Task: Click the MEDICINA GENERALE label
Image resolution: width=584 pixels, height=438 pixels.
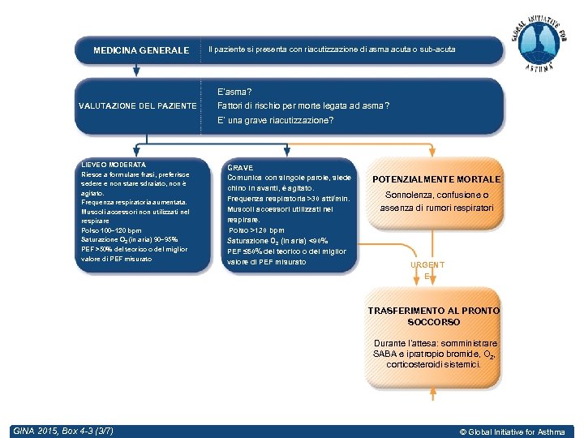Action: [140, 50]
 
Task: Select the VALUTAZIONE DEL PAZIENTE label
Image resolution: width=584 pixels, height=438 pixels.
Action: [137, 106]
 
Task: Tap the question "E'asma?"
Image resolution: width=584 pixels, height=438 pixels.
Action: [234, 92]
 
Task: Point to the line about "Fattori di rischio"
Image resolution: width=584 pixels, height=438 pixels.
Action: [303, 106]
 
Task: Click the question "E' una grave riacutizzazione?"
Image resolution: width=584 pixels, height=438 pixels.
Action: [275, 121]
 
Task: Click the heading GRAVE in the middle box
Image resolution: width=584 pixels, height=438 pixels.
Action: [240, 167]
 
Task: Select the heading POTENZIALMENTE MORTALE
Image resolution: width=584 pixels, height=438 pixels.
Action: [436, 179]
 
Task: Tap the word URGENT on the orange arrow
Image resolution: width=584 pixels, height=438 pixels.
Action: [427, 265]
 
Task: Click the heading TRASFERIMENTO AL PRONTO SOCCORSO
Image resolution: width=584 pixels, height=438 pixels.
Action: [434, 316]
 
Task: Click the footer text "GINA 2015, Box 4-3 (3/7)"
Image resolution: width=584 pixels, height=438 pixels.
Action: [63, 430]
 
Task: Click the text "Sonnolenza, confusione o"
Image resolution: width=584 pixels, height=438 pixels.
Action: [436, 195]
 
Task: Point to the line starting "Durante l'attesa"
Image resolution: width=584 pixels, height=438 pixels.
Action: [435, 343]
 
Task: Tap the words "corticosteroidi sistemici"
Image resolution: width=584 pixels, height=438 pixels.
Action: [434, 364]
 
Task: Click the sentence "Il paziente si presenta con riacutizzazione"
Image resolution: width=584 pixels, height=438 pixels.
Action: [332, 50]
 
